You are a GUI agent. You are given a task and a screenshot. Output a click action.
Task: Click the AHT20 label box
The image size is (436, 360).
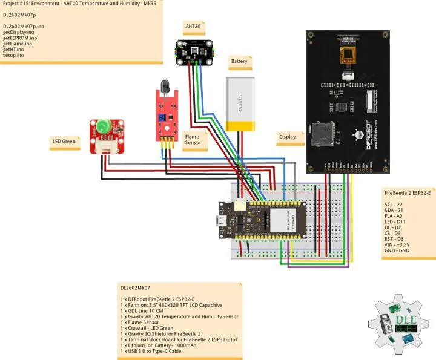tap(193, 27)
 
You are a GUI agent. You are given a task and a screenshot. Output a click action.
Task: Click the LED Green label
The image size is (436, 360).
tap(64, 142)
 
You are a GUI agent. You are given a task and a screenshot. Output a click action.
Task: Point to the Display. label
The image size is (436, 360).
tap(288, 137)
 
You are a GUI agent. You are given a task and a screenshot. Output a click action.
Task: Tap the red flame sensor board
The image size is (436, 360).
tap(165, 115)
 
